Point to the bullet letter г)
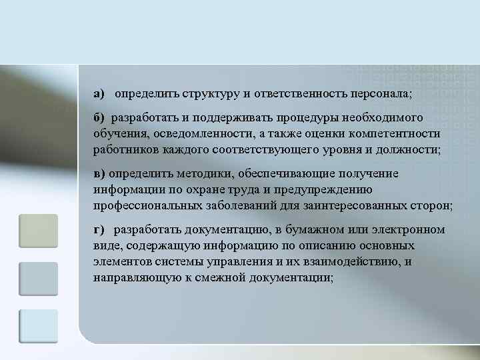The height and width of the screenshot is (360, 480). point(99,230)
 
